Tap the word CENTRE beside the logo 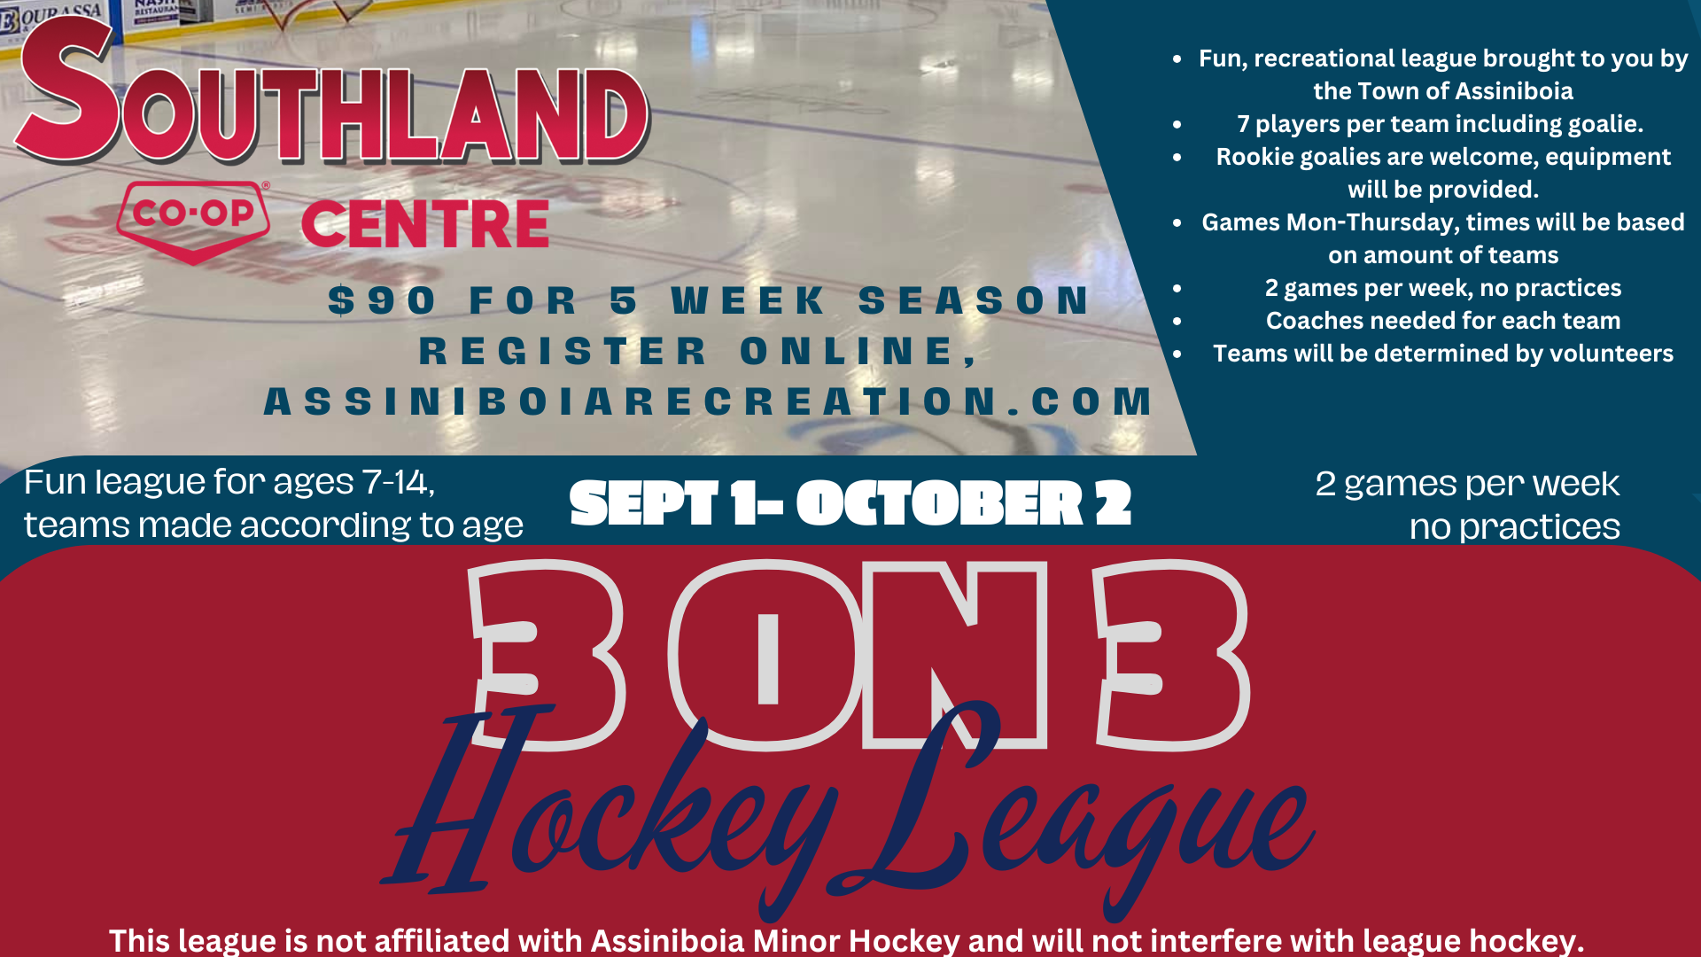(425, 224)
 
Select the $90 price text (382, 300)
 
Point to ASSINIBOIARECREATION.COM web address (709, 401)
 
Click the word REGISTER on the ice (563, 351)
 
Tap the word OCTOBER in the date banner (940, 503)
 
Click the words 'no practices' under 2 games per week (1514, 527)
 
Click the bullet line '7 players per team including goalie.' (1441, 124)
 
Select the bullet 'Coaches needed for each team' (1443, 321)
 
